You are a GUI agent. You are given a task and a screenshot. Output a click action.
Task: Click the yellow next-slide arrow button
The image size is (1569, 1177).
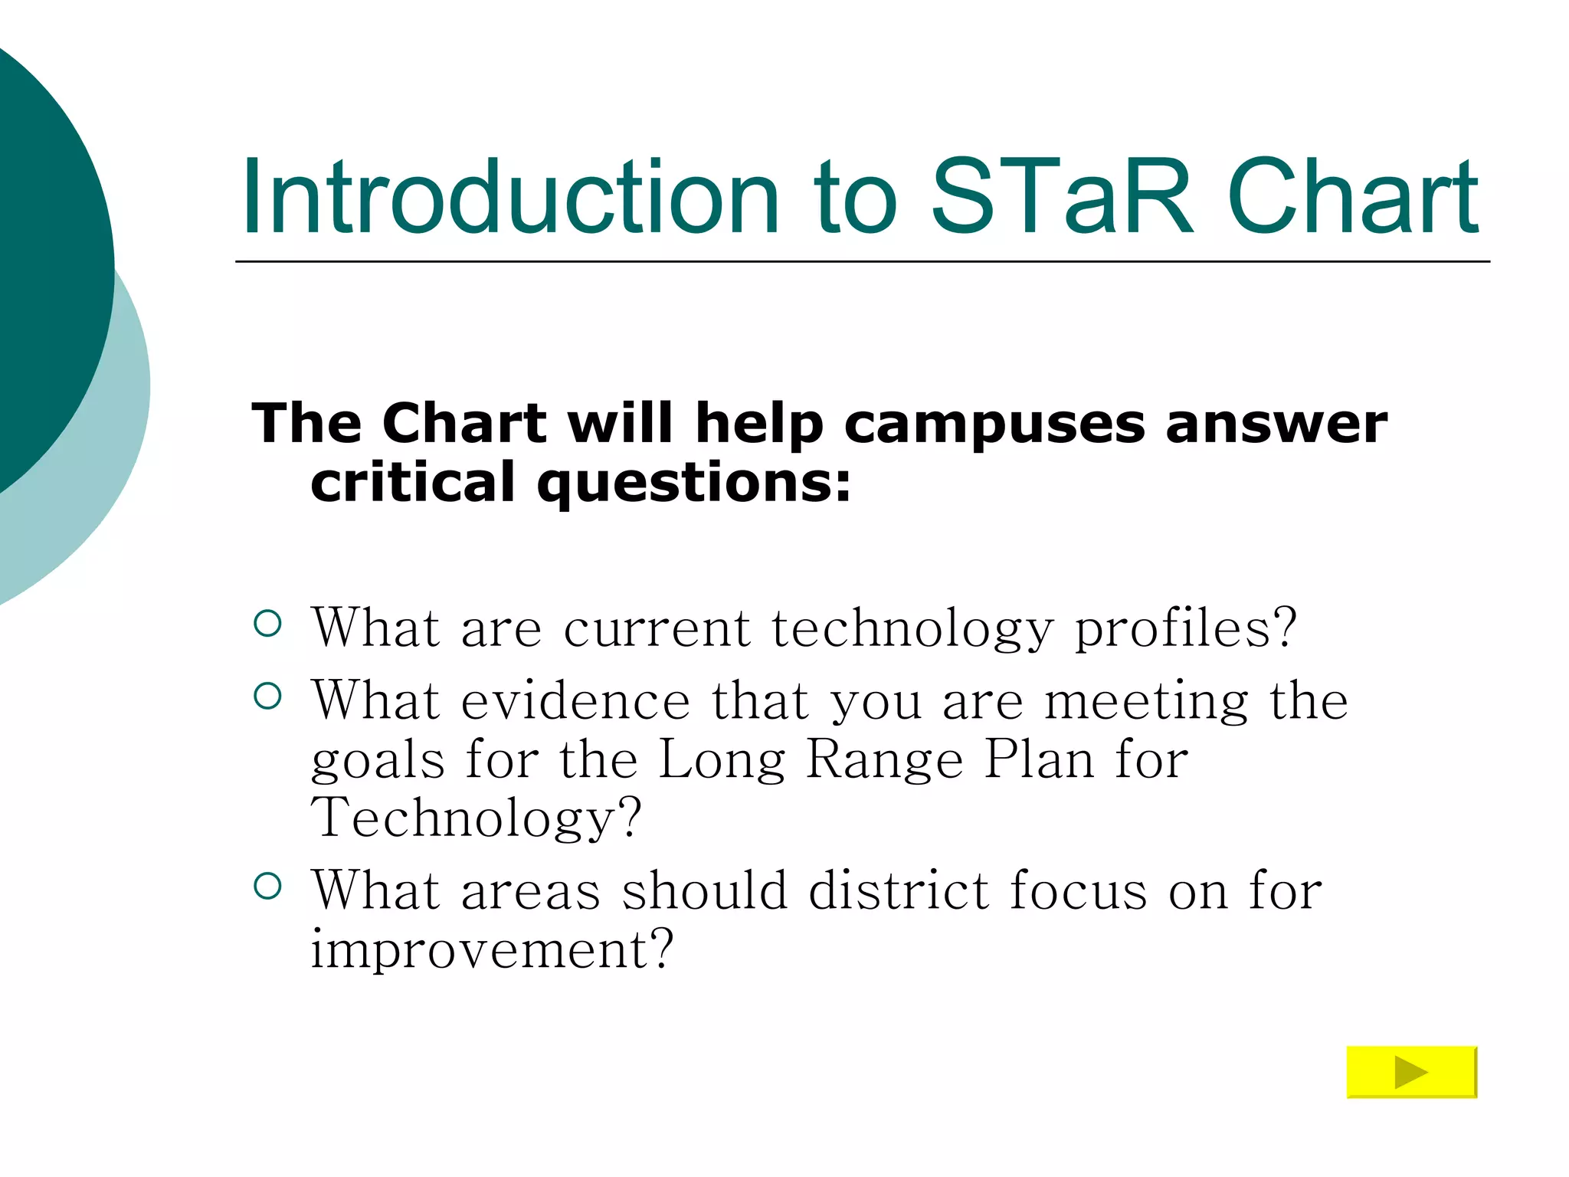tap(1411, 1071)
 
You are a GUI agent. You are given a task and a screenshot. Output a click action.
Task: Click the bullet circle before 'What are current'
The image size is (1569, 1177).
tap(267, 624)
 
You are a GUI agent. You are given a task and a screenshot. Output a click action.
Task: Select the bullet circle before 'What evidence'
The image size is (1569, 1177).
tap(267, 697)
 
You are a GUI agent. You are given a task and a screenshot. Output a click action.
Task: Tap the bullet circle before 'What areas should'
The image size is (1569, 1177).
tap(267, 887)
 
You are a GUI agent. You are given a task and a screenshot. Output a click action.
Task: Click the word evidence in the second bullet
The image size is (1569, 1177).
tap(575, 700)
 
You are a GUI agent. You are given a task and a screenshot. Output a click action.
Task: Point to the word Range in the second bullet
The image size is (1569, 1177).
tap(885, 759)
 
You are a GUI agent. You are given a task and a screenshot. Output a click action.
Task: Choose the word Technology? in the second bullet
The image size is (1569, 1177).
tap(475, 818)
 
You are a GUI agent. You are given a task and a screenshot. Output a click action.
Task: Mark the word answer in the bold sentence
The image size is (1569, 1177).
tap(1276, 423)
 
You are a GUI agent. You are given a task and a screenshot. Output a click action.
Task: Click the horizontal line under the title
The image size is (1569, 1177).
tap(862, 261)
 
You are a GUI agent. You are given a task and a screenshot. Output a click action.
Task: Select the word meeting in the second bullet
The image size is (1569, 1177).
tap(1146, 702)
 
